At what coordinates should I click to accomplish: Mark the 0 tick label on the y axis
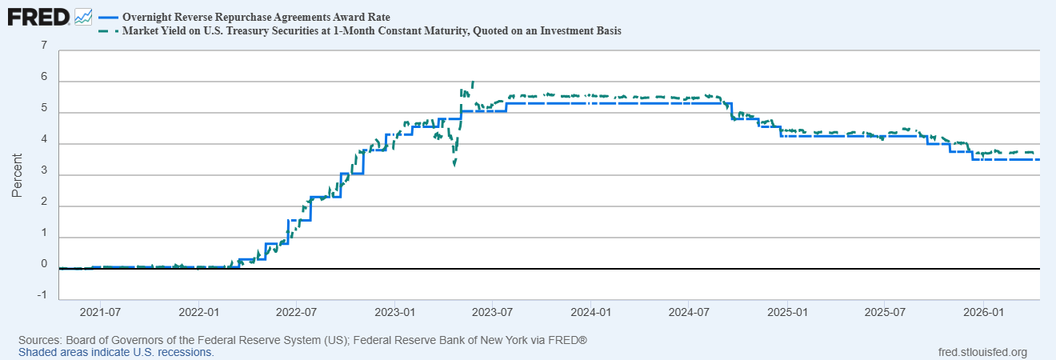(x=43, y=264)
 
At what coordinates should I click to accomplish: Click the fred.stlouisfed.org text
(x=982, y=352)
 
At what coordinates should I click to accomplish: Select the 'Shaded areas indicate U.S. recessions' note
(x=116, y=352)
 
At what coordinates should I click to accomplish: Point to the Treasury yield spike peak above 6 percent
(x=474, y=82)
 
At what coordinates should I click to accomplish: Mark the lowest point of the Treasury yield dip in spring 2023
(x=454, y=165)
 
